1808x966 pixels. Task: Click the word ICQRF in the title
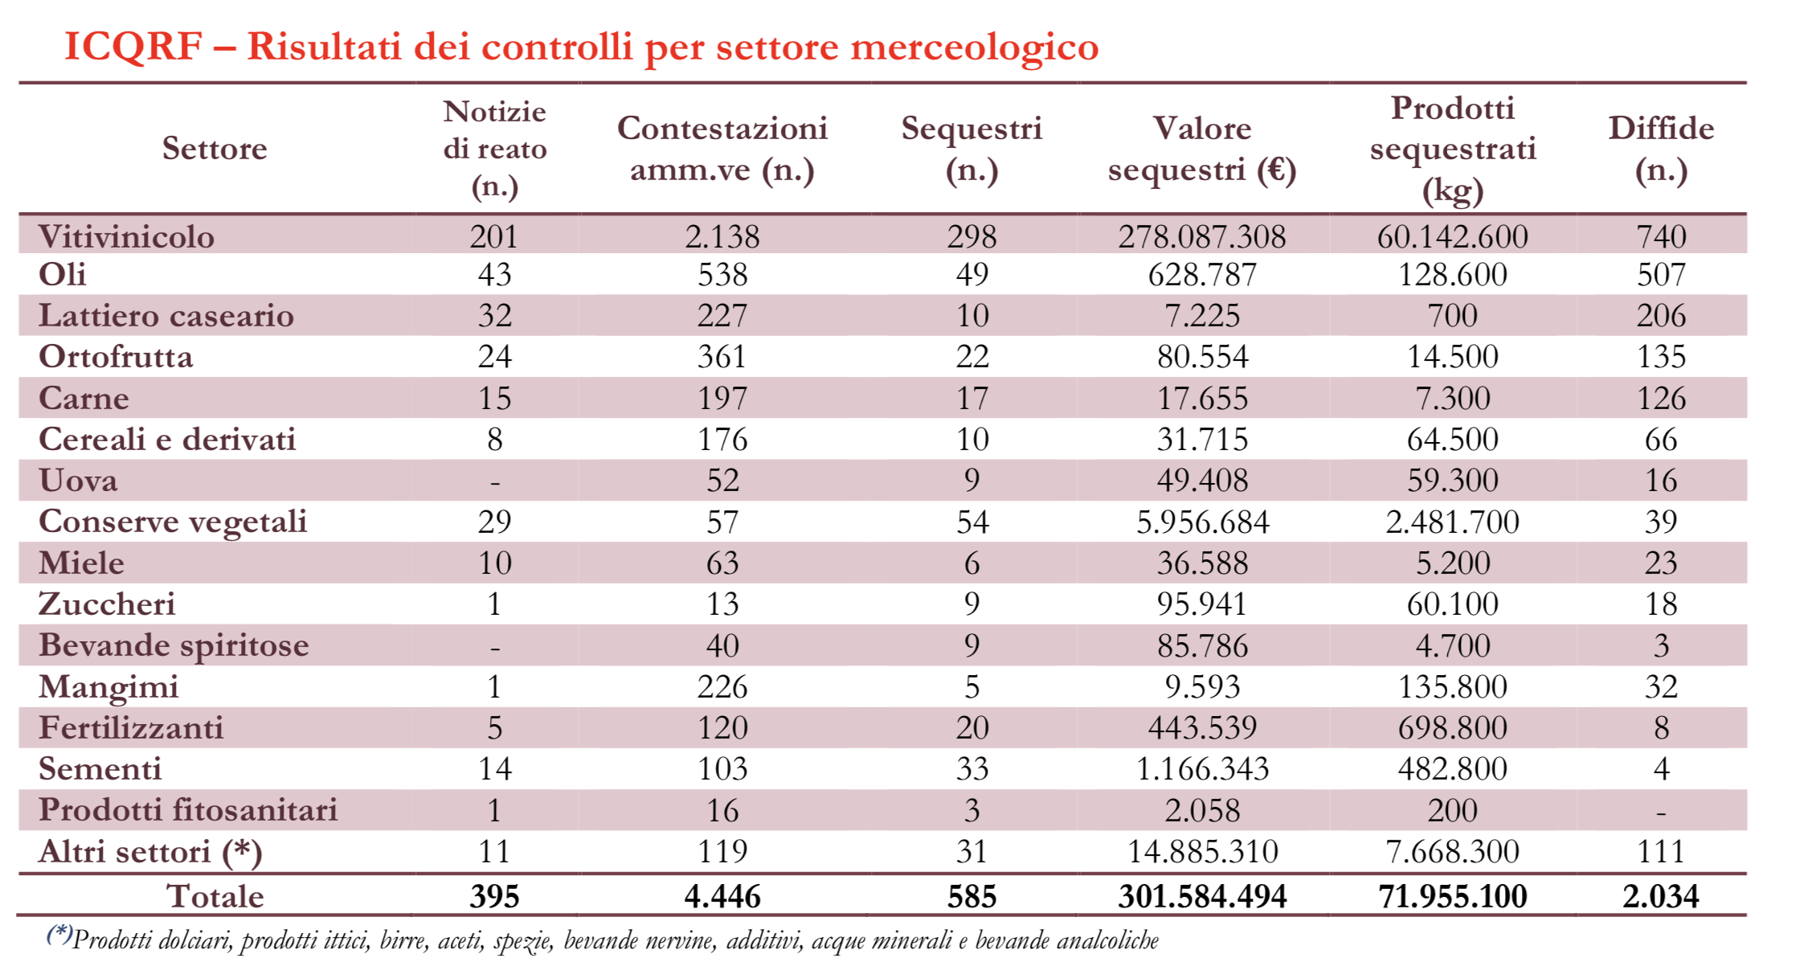(133, 47)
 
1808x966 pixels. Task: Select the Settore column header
(215, 149)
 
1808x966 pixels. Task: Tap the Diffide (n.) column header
(1661, 149)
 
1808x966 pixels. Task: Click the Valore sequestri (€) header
(1202, 149)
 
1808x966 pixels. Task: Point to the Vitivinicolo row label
(126, 236)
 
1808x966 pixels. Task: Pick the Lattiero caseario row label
(166, 315)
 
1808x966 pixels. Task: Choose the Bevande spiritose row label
(174, 645)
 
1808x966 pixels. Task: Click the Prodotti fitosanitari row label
(188, 810)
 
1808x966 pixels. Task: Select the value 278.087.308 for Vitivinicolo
(1202, 236)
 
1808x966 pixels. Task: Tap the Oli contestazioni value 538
(722, 275)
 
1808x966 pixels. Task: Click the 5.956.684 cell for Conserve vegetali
(1202, 522)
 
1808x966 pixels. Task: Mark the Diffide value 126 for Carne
(1661, 399)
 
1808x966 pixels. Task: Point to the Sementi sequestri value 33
(971, 769)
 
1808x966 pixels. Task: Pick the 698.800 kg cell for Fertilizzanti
(1452, 728)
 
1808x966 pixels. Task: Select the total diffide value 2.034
(1661, 896)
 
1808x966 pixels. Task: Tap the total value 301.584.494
(1202, 896)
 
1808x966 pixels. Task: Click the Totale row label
(215, 896)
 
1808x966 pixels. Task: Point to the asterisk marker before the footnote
(59, 934)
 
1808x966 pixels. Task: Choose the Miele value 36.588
(1202, 563)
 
